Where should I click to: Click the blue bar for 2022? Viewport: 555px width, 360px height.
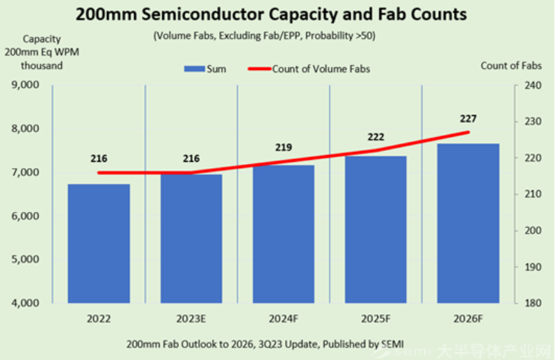click(99, 243)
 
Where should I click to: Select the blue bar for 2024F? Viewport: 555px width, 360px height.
click(284, 234)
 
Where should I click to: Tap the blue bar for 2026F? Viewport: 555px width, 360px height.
click(468, 223)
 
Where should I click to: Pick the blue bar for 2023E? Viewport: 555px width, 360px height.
click(191, 238)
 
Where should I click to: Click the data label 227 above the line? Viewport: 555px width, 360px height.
click(468, 118)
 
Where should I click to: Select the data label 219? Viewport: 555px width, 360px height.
click(284, 147)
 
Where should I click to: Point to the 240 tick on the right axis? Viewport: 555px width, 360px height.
click(532, 85)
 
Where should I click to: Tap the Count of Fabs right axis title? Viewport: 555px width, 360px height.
click(509, 65)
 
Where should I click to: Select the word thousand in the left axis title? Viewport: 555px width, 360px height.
click(42, 65)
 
